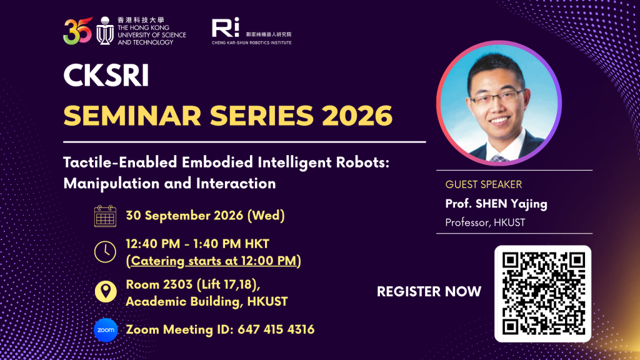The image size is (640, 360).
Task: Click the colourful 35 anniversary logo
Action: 77,31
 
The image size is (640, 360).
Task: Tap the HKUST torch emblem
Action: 105,31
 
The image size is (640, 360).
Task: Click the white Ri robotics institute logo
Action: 225,27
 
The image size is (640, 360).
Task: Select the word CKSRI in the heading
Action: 106,76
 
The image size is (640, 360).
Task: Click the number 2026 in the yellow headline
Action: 357,116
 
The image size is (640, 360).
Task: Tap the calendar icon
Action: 105,216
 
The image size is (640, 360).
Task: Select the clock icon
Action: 105,251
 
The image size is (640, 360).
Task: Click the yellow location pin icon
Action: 106,291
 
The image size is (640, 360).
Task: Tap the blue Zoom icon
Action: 106,330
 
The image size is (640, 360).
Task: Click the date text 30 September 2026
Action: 184,216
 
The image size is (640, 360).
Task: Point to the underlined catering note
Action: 214,261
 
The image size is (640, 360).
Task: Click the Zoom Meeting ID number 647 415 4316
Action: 276,329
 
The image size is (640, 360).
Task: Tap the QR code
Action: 543,294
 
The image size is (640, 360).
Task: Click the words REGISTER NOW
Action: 429,291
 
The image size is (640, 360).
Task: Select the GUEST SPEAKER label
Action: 484,184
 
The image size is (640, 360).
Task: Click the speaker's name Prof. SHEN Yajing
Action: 496,204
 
